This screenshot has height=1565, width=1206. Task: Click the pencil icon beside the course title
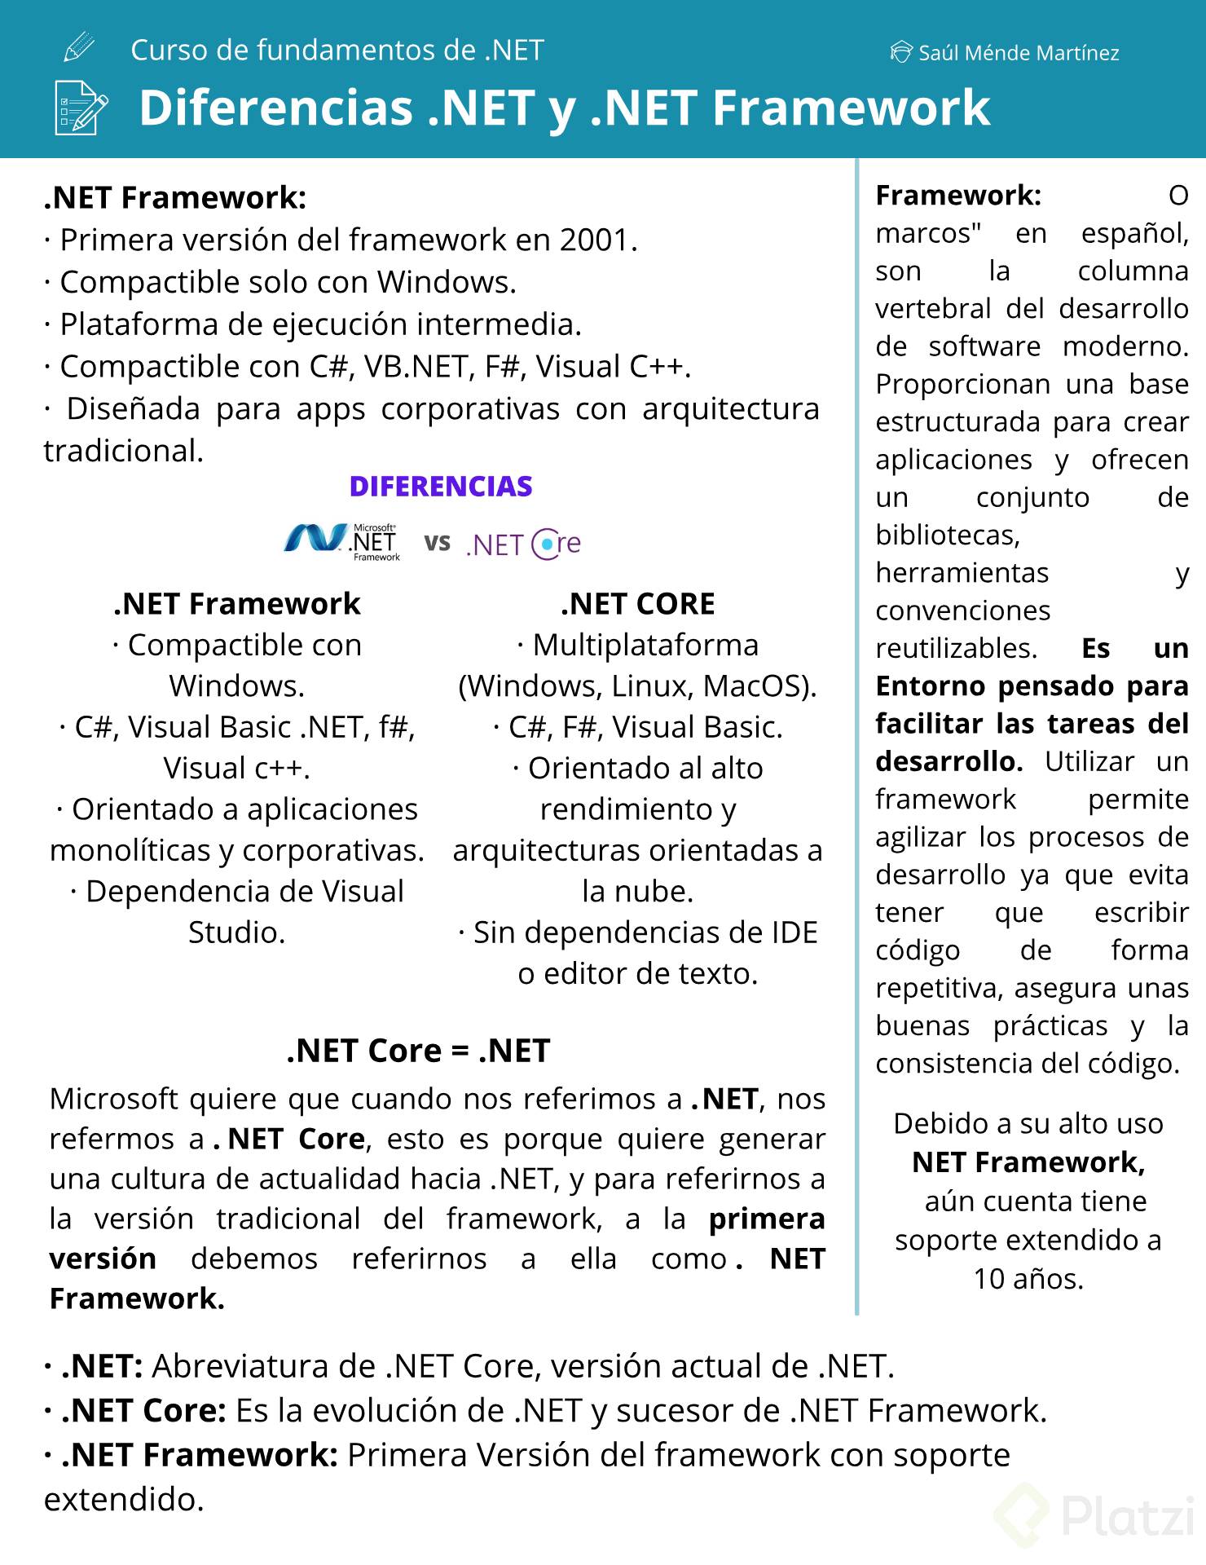tap(78, 48)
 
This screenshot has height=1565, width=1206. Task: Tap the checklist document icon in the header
tap(80, 107)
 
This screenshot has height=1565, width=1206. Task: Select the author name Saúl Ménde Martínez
tap(1018, 53)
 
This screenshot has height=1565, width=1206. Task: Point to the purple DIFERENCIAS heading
tap(441, 487)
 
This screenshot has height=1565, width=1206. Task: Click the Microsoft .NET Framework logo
tap(342, 542)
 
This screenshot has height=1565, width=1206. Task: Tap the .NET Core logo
tap(523, 544)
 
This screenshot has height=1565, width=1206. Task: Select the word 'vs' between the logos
tap(437, 542)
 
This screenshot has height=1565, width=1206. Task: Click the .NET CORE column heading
tap(637, 604)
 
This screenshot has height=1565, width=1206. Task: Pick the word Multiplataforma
tap(645, 646)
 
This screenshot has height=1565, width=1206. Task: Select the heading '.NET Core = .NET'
tap(418, 1051)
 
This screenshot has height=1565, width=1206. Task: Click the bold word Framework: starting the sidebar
tap(958, 196)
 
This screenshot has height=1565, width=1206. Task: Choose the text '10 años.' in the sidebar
tap(1028, 1279)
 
